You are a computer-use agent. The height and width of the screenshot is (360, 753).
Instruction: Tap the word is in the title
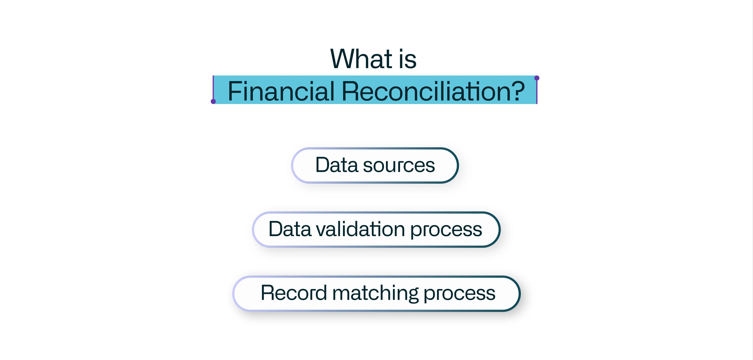[x=407, y=59]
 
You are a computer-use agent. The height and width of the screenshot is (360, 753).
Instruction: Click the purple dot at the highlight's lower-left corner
[x=213, y=101]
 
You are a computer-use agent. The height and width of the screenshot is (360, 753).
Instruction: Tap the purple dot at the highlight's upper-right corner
[x=537, y=78]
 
